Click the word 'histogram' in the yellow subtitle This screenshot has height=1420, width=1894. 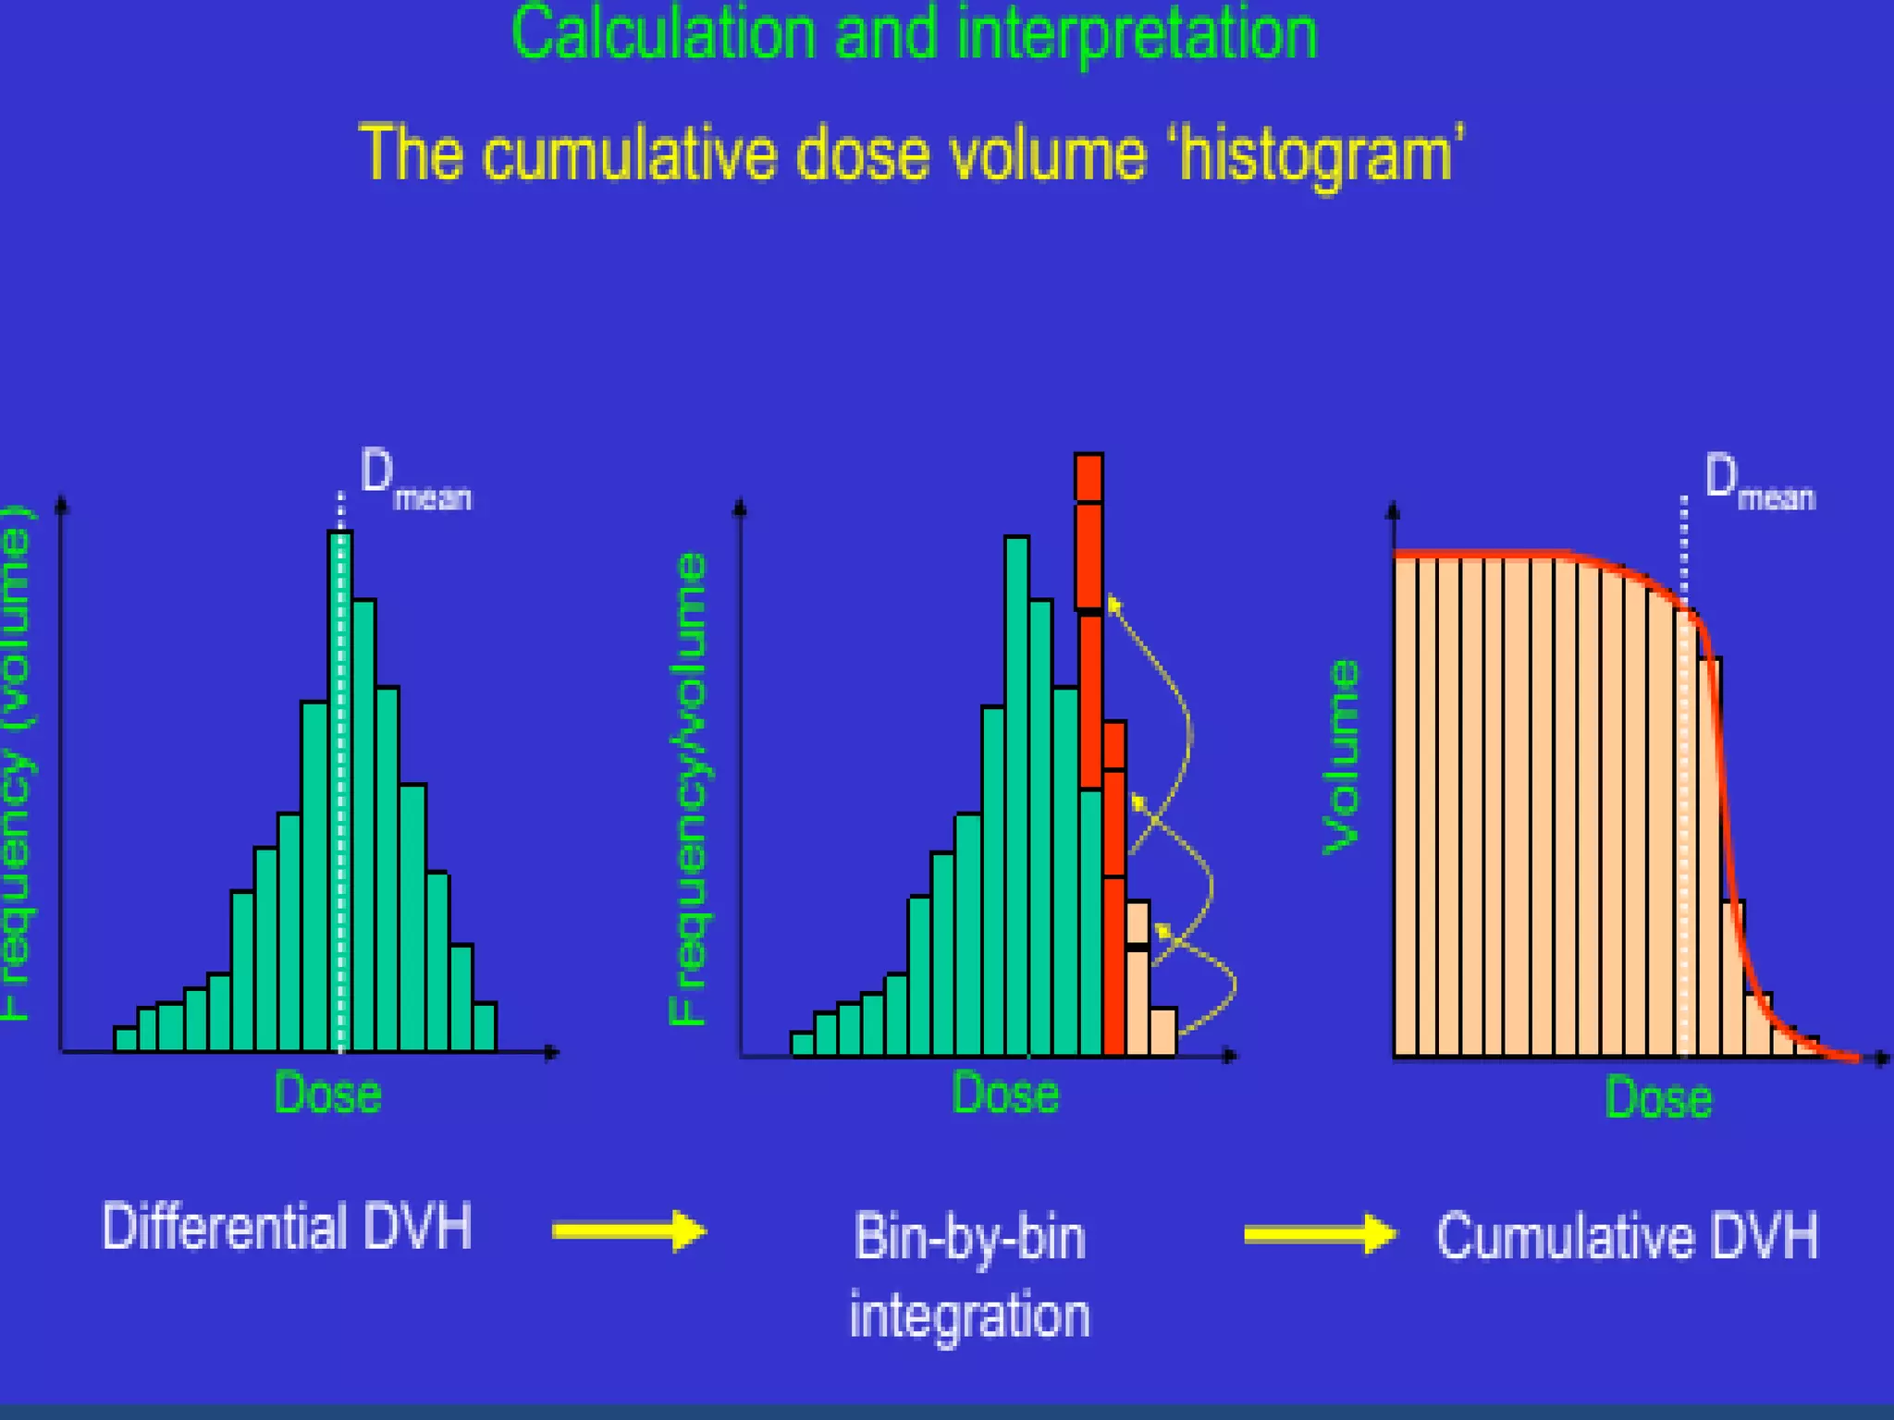pyautogui.click(x=1317, y=155)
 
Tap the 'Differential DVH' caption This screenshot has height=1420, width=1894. pyautogui.click(x=287, y=1227)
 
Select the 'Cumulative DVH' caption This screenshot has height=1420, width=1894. pyautogui.click(x=1627, y=1236)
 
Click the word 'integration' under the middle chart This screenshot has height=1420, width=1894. pyautogui.click(x=969, y=1316)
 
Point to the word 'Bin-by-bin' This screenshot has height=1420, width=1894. pyautogui.click(x=969, y=1238)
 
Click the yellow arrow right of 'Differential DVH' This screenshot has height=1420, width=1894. pyautogui.click(x=629, y=1230)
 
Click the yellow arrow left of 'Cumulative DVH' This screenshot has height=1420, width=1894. pyautogui.click(x=1320, y=1234)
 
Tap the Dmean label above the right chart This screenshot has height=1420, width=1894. pyautogui.click(x=1759, y=483)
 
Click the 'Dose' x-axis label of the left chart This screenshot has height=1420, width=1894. pyautogui.click(x=328, y=1094)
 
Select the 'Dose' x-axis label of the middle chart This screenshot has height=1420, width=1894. pyautogui.click(x=1005, y=1094)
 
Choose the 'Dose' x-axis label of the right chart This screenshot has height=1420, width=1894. pyautogui.click(x=1658, y=1098)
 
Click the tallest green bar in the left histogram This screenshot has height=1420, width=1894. pyautogui.click(x=340, y=786)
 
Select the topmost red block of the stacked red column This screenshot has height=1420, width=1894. pyautogui.click(x=1088, y=478)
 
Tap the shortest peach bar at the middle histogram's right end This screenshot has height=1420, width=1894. pyautogui.click(x=1163, y=1031)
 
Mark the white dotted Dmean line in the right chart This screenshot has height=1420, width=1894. pyautogui.click(x=1683, y=832)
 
